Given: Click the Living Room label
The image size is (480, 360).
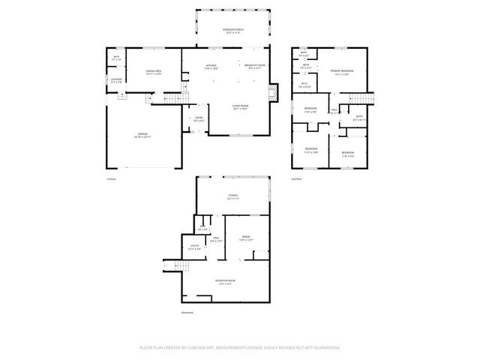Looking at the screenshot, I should (x=240, y=108).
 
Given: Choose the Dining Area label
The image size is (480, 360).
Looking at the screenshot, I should (x=154, y=73).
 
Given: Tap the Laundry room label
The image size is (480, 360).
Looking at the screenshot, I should (x=115, y=81).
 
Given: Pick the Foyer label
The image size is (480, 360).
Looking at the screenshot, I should (x=199, y=119).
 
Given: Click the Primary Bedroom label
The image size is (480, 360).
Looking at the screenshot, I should (x=342, y=73).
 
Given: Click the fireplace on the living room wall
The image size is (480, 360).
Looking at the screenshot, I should (x=274, y=93).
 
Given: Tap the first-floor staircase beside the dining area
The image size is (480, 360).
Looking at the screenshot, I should (x=174, y=98).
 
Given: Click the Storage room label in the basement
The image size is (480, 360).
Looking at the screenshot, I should (x=233, y=197).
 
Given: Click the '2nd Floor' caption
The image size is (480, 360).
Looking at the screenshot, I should (x=296, y=178).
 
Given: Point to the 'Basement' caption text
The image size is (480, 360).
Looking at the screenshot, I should (x=187, y=313).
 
